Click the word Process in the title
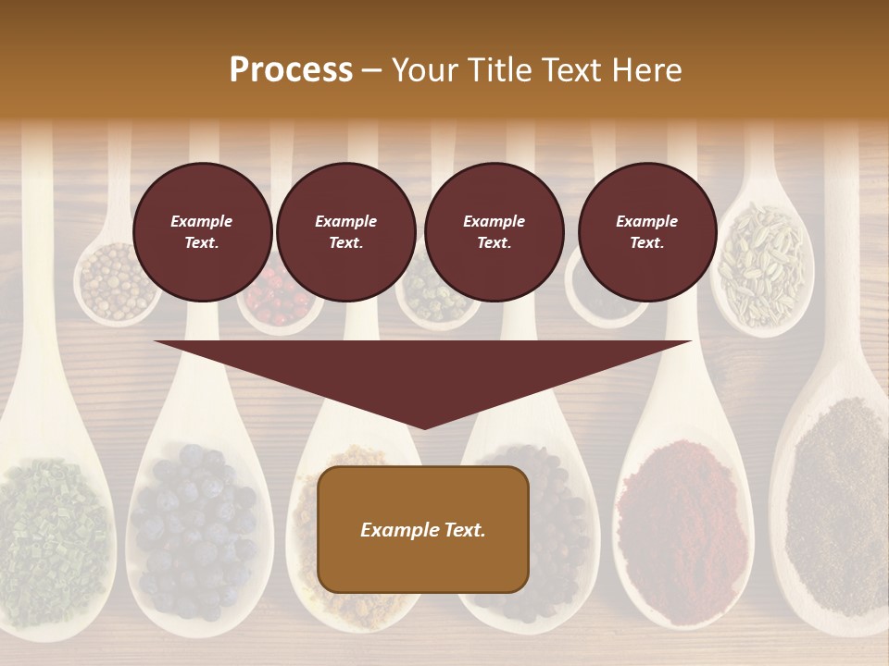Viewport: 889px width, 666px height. pos(291,70)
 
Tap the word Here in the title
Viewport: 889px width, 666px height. pos(645,70)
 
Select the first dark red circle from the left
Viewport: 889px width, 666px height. pos(203,232)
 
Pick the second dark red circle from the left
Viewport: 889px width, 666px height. pos(346,232)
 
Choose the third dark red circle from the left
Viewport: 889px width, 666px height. pos(495,232)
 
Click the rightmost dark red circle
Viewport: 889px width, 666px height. pos(647,232)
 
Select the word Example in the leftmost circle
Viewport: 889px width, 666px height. pos(202,222)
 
